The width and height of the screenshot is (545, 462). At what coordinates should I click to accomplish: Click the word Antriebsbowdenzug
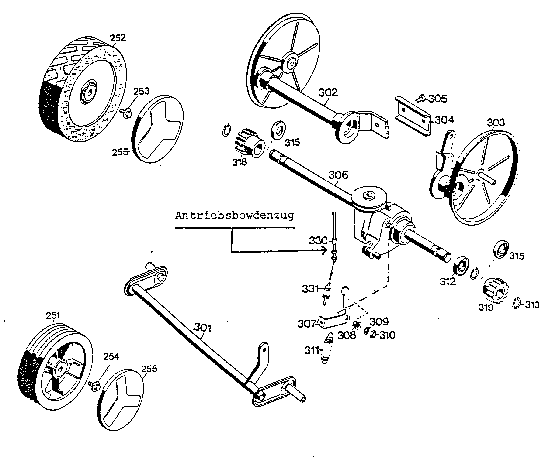coord(235,216)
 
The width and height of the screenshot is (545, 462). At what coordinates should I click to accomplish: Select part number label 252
coord(118,38)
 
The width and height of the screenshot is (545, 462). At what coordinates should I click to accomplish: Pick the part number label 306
coord(338,175)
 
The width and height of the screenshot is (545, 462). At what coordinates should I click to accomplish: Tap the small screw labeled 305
coord(420,99)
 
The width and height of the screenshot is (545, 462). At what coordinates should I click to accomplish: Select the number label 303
coord(496,122)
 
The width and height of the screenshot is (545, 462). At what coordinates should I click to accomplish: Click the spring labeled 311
coord(327,348)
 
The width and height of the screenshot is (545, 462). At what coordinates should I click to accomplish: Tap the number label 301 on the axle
coord(202,327)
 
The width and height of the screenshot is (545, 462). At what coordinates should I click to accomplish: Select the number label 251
coord(53,315)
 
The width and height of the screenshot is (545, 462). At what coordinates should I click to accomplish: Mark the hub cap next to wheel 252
coord(157,129)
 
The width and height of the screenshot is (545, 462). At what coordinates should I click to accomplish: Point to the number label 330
coord(318,240)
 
